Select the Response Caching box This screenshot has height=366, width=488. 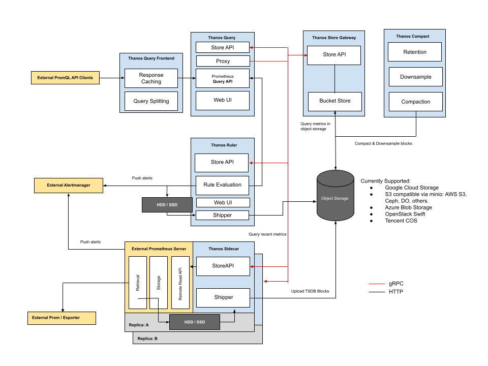[x=151, y=78]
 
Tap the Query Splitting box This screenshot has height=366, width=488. [x=151, y=101]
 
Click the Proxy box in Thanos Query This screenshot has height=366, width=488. [x=223, y=61]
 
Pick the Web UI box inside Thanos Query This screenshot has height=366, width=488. [x=223, y=100]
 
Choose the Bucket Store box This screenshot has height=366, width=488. [x=334, y=101]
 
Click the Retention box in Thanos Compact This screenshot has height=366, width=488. [x=415, y=52]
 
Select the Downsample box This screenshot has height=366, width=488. [x=415, y=77]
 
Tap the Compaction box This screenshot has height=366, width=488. [x=415, y=102]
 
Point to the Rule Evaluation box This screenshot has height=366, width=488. [x=223, y=185]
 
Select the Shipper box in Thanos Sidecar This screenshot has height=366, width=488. [x=223, y=297]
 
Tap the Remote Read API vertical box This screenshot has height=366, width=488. [x=180, y=283]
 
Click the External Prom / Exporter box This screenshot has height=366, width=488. [x=61, y=318]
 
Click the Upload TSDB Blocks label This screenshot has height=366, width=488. [x=310, y=291]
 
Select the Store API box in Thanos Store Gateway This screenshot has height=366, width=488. [x=334, y=55]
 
